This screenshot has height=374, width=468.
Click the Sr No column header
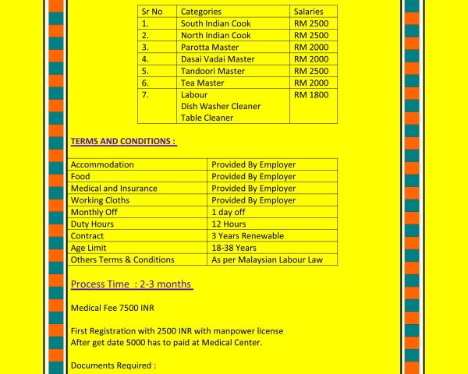(x=152, y=12)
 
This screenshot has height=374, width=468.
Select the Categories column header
(x=200, y=12)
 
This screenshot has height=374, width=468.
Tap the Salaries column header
(x=311, y=12)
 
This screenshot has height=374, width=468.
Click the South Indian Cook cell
(x=215, y=23)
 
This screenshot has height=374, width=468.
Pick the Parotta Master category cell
(x=209, y=47)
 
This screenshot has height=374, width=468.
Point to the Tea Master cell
(x=202, y=83)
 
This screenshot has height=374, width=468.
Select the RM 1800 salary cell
(x=311, y=95)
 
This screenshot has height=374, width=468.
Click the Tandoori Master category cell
(x=212, y=71)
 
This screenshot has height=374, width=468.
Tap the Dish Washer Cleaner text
(x=220, y=106)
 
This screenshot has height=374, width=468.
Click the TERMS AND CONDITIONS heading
(x=123, y=142)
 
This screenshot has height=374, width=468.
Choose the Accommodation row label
(x=102, y=164)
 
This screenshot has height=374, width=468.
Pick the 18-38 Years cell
(x=234, y=248)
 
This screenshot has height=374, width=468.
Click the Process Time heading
(x=131, y=284)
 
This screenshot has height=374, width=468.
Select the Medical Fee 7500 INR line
(x=112, y=308)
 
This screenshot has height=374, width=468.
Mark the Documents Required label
(x=113, y=365)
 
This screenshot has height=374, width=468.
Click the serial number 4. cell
(x=145, y=59)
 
